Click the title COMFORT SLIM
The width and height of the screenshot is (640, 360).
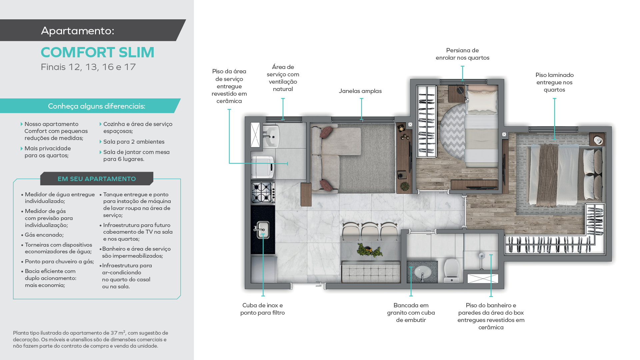coord(97,52)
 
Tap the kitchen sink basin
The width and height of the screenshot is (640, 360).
coord(263,230)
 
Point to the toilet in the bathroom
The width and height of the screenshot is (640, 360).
coord(452,270)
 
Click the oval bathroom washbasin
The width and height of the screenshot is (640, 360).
coord(422,272)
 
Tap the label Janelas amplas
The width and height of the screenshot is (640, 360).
coord(360,91)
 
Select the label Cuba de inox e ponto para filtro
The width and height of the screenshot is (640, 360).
coord(263,309)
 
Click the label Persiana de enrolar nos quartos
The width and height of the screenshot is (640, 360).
coord(462,54)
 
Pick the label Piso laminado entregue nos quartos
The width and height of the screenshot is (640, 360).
coord(554,82)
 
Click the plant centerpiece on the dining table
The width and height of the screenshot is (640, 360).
coord(369,250)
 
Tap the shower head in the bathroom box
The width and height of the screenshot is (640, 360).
coord(482,256)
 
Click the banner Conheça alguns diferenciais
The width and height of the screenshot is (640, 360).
coord(97,106)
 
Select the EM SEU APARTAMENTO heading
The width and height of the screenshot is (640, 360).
coord(97,179)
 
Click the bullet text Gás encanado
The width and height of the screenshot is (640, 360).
coord(44,235)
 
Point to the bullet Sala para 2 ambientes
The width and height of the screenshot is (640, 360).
coord(134,142)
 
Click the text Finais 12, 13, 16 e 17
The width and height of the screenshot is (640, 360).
coord(88,67)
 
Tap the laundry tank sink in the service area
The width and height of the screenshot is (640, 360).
coord(270,136)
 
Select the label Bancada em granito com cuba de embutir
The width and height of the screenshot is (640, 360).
coord(411,313)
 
